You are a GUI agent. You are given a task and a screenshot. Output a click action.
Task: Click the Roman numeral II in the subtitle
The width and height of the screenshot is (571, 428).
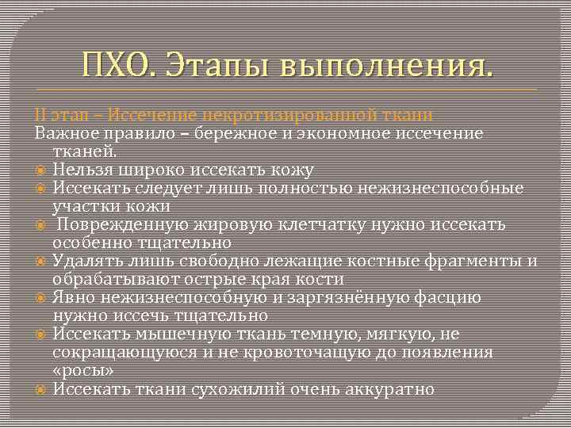40,116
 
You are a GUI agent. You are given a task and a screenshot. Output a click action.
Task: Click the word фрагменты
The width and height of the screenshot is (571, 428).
480,262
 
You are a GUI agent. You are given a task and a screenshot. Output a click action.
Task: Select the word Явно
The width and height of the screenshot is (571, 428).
73,298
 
